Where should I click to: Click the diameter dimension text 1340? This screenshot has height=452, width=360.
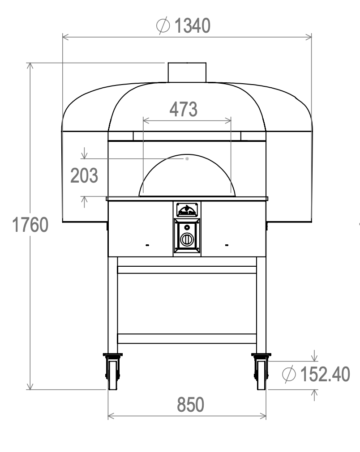point(192,26)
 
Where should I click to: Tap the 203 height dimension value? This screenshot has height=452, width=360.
point(84,176)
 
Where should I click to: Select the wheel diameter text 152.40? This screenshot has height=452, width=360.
point(325,374)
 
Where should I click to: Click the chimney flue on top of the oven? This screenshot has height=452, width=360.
point(187,72)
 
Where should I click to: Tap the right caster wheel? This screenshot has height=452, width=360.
point(261,374)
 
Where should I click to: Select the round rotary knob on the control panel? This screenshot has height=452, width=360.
point(187,239)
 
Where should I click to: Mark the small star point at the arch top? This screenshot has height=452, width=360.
point(188,159)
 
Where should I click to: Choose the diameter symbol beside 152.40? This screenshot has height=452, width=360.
point(289,374)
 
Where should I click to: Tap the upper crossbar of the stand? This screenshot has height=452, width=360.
point(187,269)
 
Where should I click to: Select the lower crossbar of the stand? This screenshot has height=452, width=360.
point(187,338)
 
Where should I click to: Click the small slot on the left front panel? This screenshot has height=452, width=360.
point(147,245)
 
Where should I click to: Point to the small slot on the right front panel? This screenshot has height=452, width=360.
point(226,245)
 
